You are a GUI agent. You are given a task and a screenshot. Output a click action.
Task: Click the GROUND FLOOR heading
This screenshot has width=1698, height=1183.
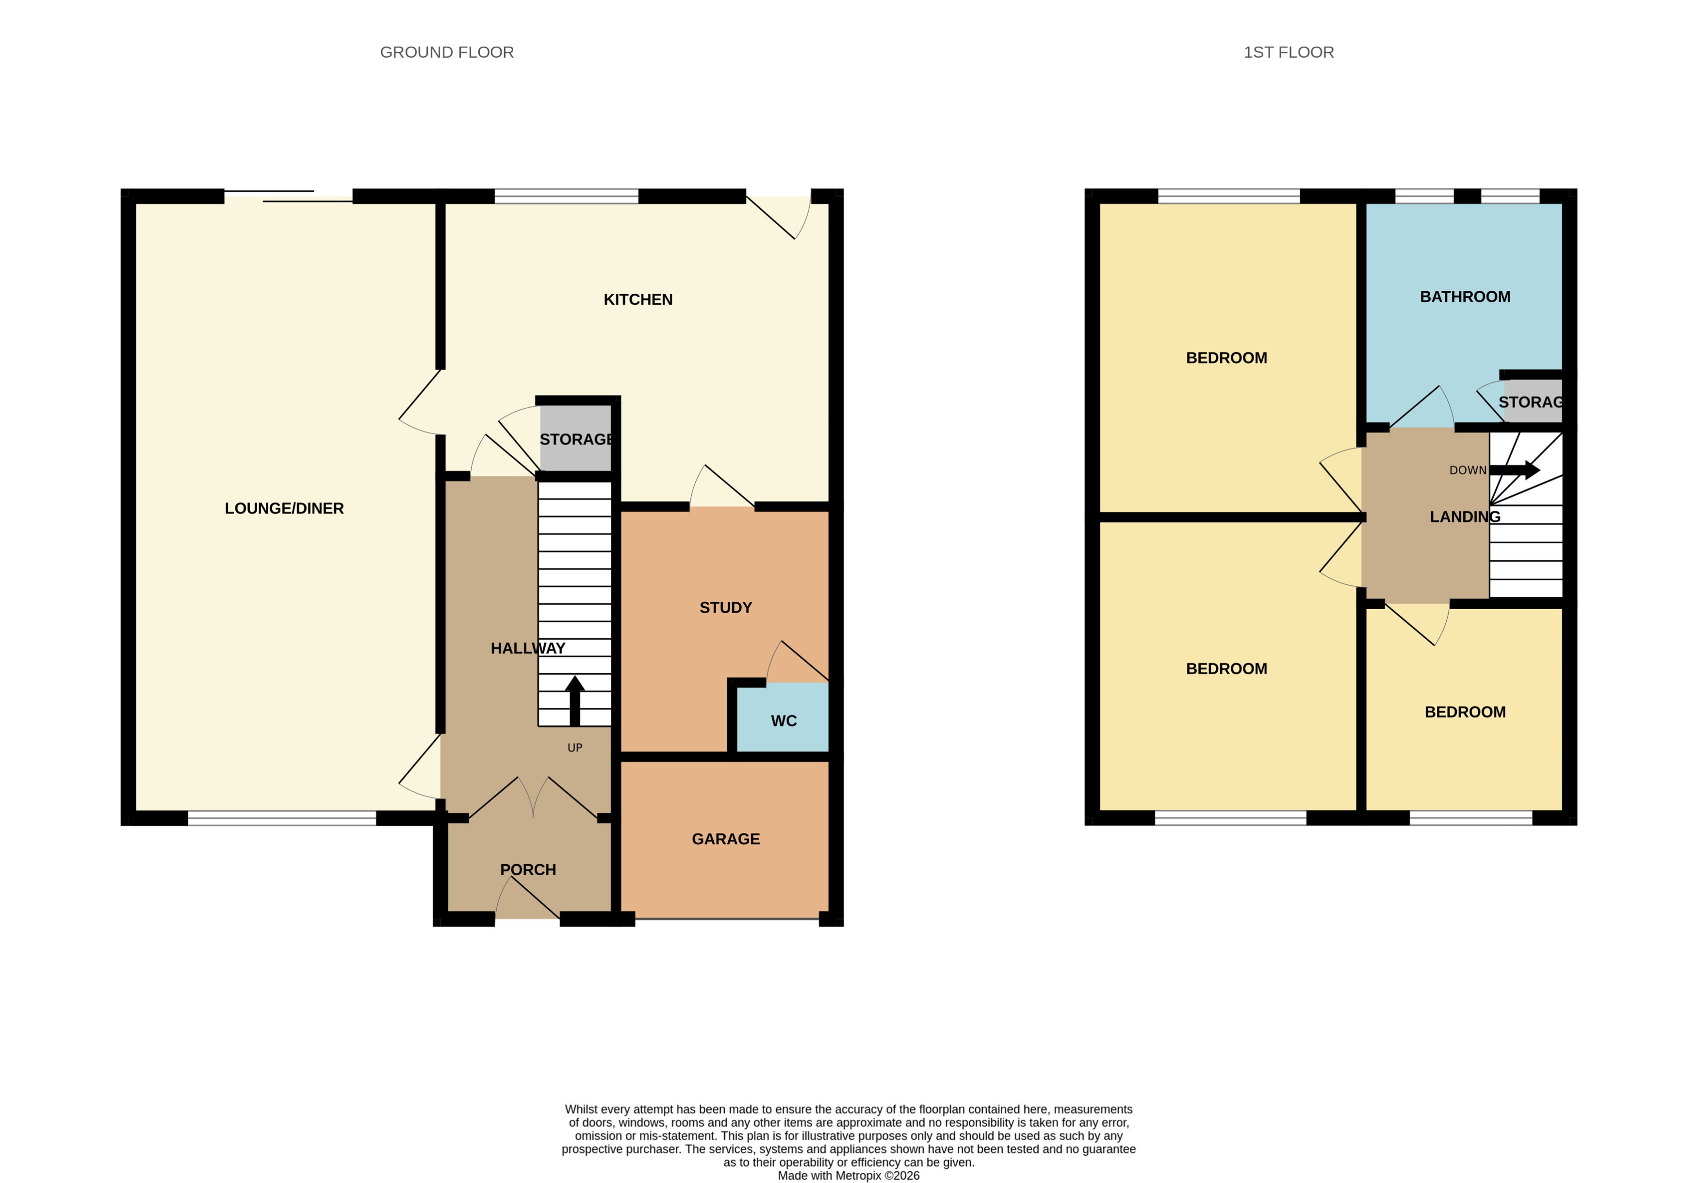pos(447,52)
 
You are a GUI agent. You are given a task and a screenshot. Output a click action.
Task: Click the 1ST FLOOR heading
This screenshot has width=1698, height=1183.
pos(1288,52)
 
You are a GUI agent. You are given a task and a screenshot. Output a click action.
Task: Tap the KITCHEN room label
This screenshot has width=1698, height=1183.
pos(637,300)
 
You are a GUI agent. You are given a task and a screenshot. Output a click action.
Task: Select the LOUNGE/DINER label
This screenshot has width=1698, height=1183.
pos(284,508)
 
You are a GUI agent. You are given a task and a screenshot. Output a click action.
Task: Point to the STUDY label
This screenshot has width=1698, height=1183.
pos(725,607)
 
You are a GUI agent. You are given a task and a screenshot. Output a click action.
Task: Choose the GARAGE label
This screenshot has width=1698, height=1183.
pos(725,839)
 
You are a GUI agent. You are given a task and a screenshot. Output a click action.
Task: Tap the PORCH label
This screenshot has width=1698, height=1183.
pos(528,870)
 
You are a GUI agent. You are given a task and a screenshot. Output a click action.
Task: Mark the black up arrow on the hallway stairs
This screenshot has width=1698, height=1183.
pos(574,699)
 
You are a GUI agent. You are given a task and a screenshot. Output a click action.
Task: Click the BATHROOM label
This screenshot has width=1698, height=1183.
pos(1464,297)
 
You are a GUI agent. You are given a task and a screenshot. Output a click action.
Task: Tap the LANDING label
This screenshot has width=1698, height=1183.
pos(1464,517)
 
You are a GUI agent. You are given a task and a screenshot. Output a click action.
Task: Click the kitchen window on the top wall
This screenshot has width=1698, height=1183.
pos(566,196)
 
